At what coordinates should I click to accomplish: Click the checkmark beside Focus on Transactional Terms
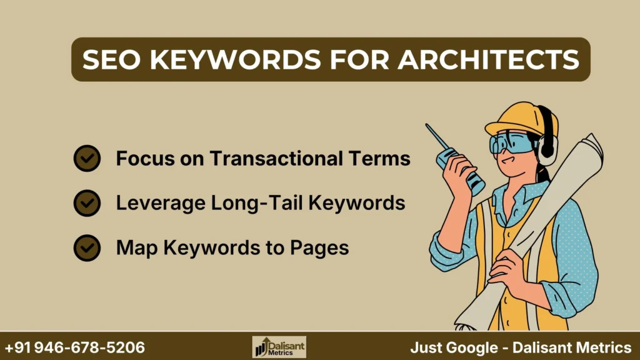click(x=87, y=159)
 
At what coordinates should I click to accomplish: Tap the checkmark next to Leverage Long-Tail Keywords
click(x=87, y=203)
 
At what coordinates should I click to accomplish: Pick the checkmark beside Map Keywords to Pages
click(x=87, y=248)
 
